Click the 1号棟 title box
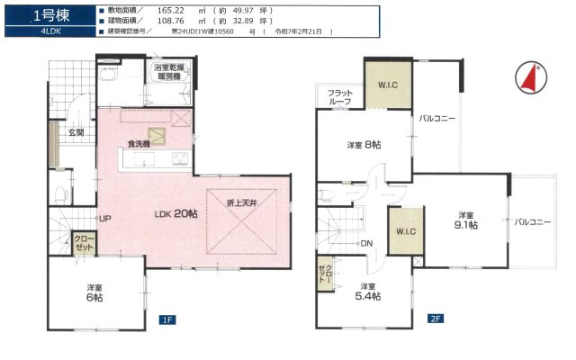tap(45, 14)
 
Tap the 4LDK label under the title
tap(45, 31)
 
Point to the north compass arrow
tap(529, 79)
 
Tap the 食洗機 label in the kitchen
tap(138, 143)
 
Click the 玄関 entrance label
tap(76, 133)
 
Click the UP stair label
tap(105, 219)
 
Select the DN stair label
tap(366, 243)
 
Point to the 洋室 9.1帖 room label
tap(464, 220)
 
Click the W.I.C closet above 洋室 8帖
tap(387, 86)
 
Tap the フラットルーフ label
tap(340, 97)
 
